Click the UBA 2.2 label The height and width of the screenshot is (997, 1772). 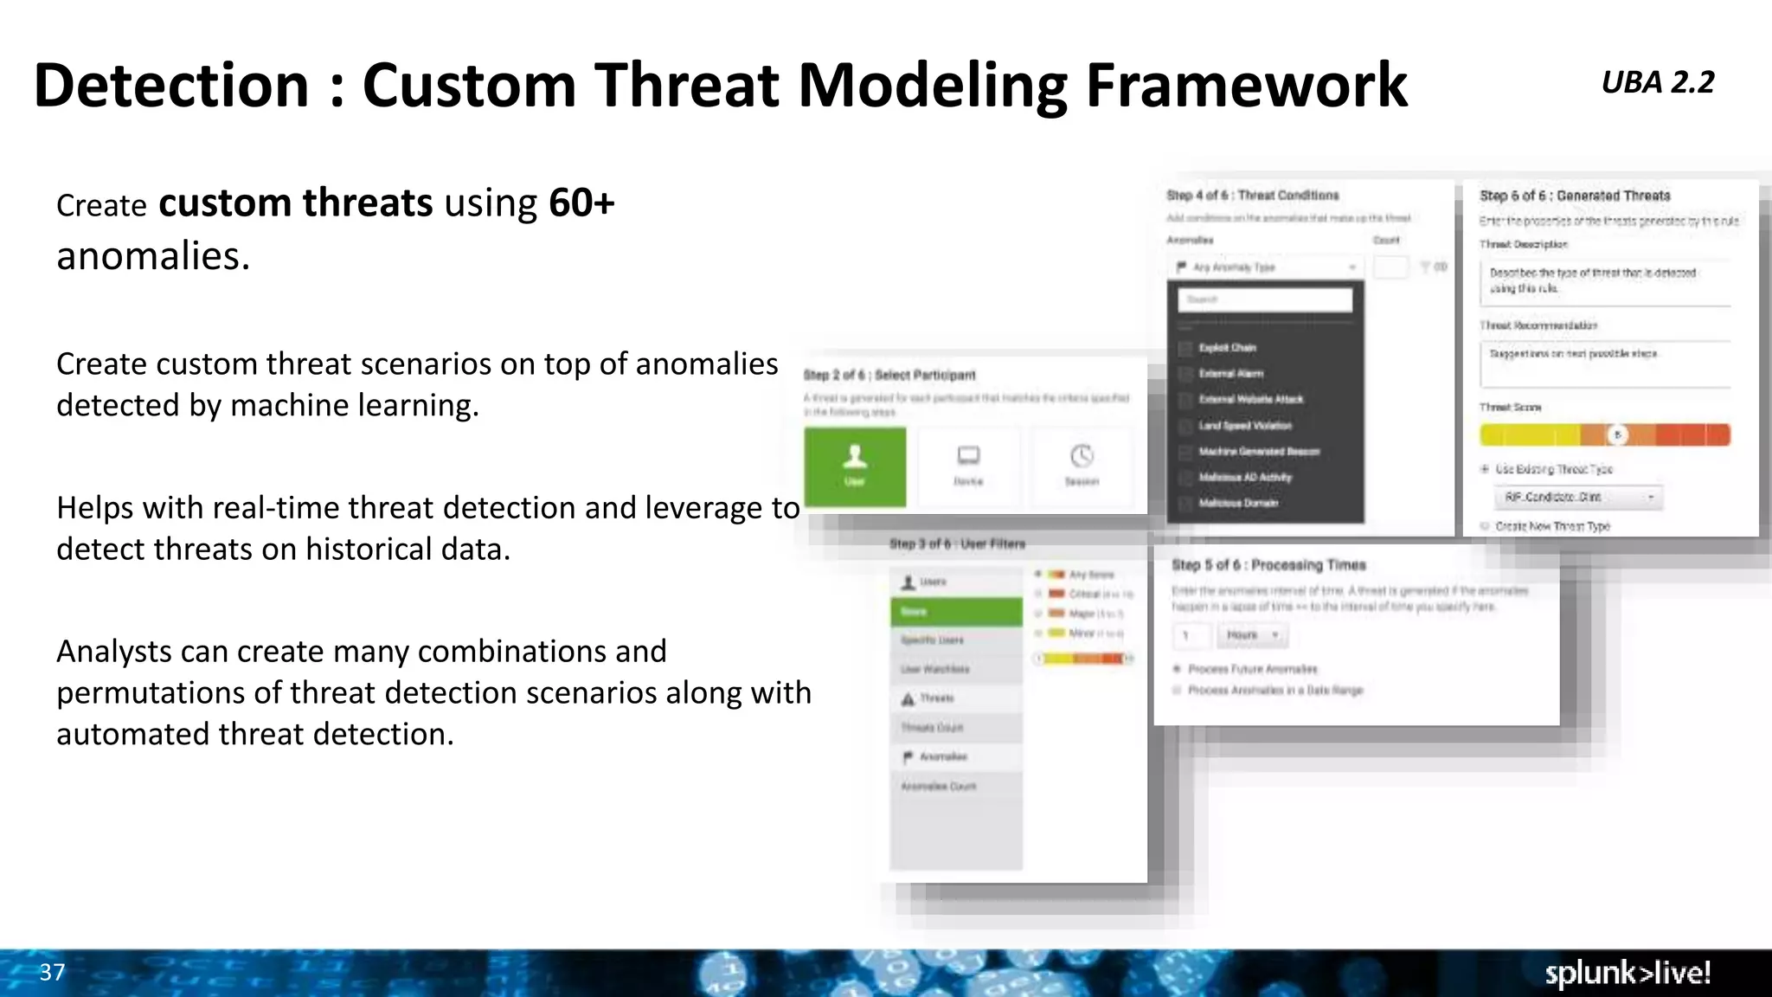pyautogui.click(x=1657, y=82)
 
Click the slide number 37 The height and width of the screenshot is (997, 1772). pyautogui.click(x=52, y=972)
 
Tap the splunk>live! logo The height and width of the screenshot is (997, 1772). pyautogui.click(x=1628, y=973)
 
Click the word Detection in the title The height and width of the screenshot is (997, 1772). pyautogui.click(x=171, y=85)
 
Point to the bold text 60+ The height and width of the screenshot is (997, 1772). pyautogui.click(x=581, y=203)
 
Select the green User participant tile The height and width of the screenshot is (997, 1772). pyautogui.click(x=855, y=466)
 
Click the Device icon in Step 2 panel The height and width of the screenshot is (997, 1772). pyautogui.click(x=968, y=456)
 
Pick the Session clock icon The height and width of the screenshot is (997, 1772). pyautogui.click(x=1082, y=456)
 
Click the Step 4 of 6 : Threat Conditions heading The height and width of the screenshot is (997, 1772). pyautogui.click(x=1252, y=196)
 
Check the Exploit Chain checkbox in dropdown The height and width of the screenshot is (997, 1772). pyautogui.click(x=1185, y=348)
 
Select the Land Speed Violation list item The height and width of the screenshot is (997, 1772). pyautogui.click(x=1244, y=426)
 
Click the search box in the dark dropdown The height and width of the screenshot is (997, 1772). pyautogui.click(x=1264, y=299)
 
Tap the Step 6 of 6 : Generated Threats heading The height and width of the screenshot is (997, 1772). pyautogui.click(x=1575, y=196)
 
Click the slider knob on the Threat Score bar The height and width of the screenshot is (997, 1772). pyautogui.click(x=1617, y=434)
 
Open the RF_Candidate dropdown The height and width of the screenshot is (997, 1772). pyautogui.click(x=1578, y=497)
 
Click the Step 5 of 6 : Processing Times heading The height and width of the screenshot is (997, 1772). pyautogui.click(x=1268, y=565)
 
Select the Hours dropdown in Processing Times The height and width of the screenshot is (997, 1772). pyautogui.click(x=1251, y=635)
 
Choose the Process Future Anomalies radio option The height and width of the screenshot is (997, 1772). pyautogui.click(x=1177, y=669)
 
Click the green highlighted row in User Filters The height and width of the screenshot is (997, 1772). pyautogui.click(x=955, y=612)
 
